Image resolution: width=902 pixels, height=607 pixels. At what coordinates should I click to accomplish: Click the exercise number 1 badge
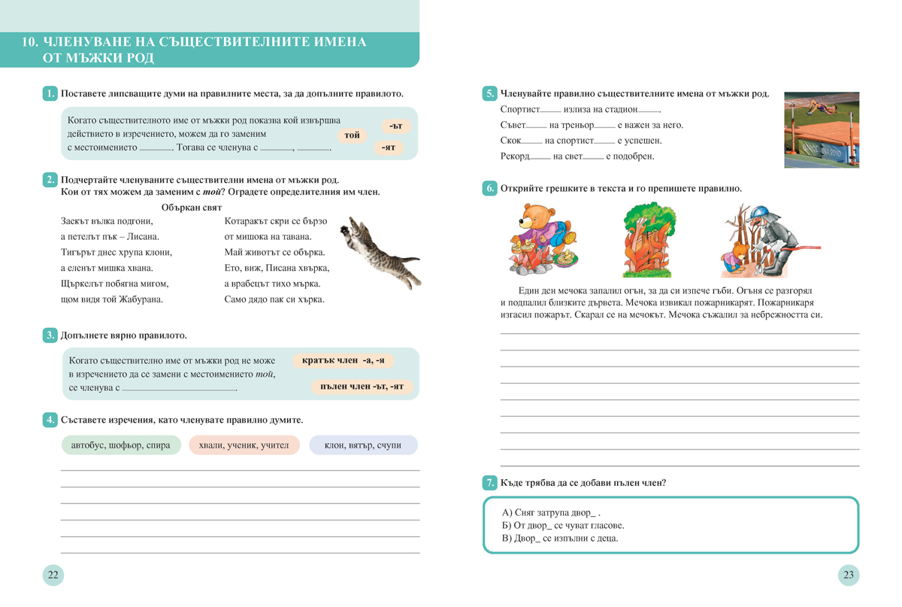click(x=50, y=94)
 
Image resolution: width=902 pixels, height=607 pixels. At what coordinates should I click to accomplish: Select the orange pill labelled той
click(x=352, y=135)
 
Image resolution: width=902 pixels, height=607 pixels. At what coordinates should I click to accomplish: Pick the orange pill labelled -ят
click(x=388, y=147)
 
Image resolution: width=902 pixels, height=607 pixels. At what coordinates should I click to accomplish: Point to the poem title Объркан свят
click(x=192, y=207)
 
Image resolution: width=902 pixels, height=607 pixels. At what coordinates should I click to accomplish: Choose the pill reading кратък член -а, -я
click(x=343, y=361)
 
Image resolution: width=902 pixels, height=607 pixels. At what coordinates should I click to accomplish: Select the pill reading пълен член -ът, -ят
click(x=362, y=387)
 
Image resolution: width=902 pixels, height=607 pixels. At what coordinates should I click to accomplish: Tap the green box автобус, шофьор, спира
click(x=120, y=445)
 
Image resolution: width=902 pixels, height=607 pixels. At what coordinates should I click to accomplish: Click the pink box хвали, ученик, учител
click(x=244, y=445)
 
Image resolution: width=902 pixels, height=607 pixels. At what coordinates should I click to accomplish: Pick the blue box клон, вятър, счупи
click(x=363, y=445)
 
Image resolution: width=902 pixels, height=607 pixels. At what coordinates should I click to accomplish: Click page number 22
click(x=53, y=575)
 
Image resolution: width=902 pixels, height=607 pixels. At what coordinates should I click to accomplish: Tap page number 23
click(x=849, y=575)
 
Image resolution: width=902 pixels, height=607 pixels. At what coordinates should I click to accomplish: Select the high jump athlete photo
click(x=821, y=129)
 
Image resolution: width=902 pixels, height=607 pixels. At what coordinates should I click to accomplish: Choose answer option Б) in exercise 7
click(x=562, y=525)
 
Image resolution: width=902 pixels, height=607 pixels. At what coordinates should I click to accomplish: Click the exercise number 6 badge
click(x=489, y=189)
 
